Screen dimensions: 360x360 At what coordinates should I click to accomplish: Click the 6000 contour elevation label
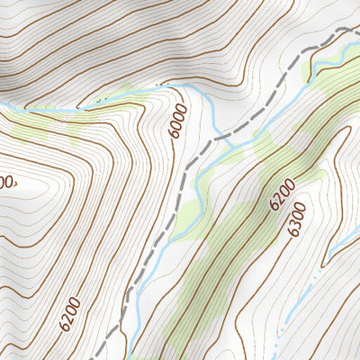point(178,120)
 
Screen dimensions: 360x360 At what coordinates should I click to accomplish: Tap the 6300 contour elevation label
point(297,219)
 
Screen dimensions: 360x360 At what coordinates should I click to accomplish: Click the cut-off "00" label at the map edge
point(7,182)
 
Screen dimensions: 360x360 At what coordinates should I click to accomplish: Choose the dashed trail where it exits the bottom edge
point(97,356)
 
